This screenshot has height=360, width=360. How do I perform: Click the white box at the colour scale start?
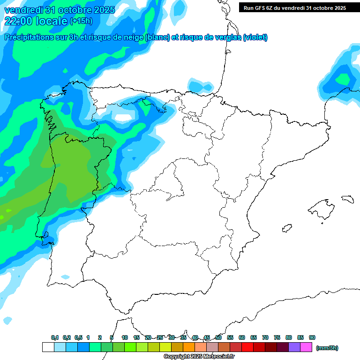[x=48, y=347]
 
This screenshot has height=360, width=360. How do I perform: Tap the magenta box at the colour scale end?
[x=306, y=347]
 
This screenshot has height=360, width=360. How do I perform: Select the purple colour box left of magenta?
[x=294, y=347]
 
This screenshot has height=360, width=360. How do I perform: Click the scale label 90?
[x=312, y=337]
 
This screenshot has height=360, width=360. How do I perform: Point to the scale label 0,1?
[x=55, y=337]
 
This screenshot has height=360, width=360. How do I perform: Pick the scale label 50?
[x=218, y=337]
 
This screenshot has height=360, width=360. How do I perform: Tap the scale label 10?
[x=125, y=337]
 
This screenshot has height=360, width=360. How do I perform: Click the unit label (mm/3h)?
[x=327, y=348]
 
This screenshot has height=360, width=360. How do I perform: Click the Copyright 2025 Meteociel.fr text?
[x=199, y=357]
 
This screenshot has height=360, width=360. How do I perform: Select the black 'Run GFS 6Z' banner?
[x=294, y=7]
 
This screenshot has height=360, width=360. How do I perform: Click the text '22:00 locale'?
[x=36, y=21]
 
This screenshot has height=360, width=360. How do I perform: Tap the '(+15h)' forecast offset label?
[x=81, y=21]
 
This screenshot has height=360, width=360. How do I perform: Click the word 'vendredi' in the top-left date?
[x=23, y=9]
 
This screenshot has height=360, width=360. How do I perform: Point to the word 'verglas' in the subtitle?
[x=223, y=37]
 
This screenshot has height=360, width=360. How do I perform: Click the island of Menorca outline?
[x=347, y=198]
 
